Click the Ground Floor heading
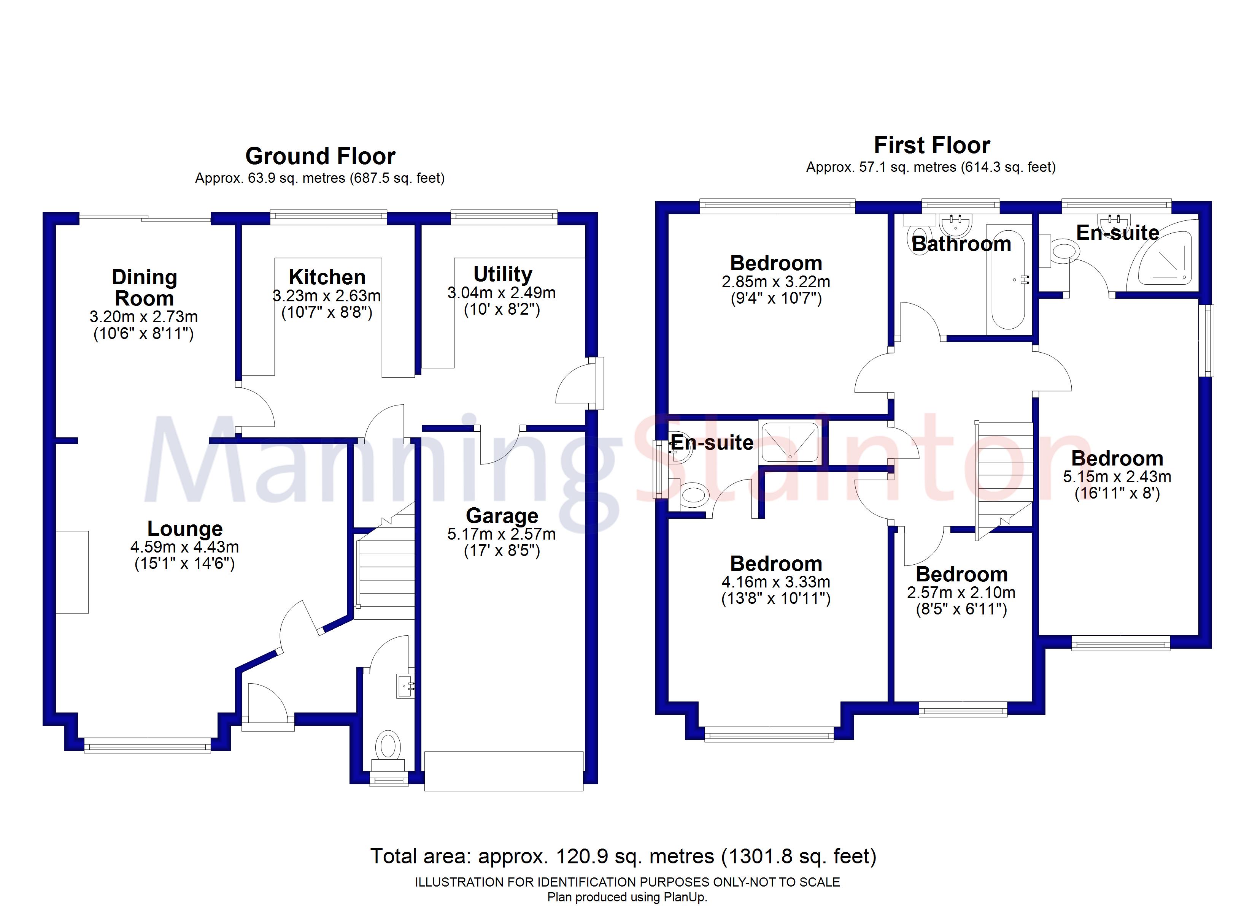(x=320, y=157)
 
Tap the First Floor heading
(x=932, y=146)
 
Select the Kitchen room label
(x=327, y=277)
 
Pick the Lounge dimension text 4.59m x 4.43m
(x=185, y=547)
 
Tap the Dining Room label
(x=145, y=288)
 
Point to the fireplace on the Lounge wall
(x=72, y=572)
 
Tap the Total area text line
(x=623, y=856)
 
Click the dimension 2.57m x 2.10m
(x=961, y=593)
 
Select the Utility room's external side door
(x=575, y=383)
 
